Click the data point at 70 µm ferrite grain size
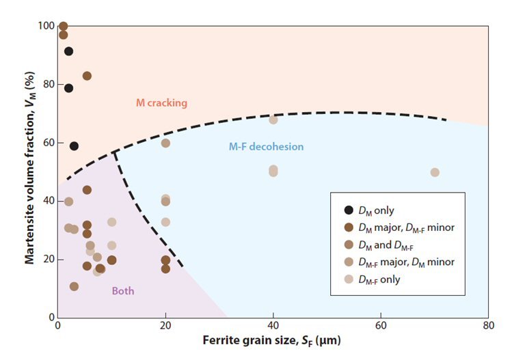pos(435,172)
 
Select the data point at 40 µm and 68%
pos(273,120)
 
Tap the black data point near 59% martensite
pos(74,146)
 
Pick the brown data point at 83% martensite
pos(87,76)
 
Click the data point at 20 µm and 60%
pos(165,143)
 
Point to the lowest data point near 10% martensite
pos(74,287)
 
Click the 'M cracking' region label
pos(161,103)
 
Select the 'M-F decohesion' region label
pos(266,147)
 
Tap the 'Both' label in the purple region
pos(123,291)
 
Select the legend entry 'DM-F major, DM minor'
pos(399,262)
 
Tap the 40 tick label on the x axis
pos(273,326)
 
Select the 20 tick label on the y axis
pos(49,260)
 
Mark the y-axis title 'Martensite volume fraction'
pos(29,171)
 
